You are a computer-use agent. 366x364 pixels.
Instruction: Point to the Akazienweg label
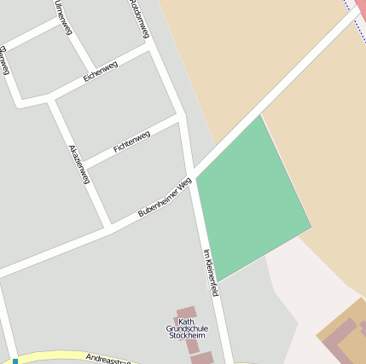point(78,164)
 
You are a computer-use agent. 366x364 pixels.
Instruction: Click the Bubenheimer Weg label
point(165,197)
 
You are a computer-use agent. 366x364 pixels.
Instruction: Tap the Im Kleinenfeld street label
point(212,272)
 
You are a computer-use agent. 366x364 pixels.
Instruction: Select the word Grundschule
point(187,329)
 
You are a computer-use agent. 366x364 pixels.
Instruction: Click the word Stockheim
point(187,337)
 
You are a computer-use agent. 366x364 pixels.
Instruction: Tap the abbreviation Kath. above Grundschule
point(187,321)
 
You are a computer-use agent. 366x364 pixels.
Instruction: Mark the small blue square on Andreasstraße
point(15,361)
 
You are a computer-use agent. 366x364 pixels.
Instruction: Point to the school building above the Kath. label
point(186,313)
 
